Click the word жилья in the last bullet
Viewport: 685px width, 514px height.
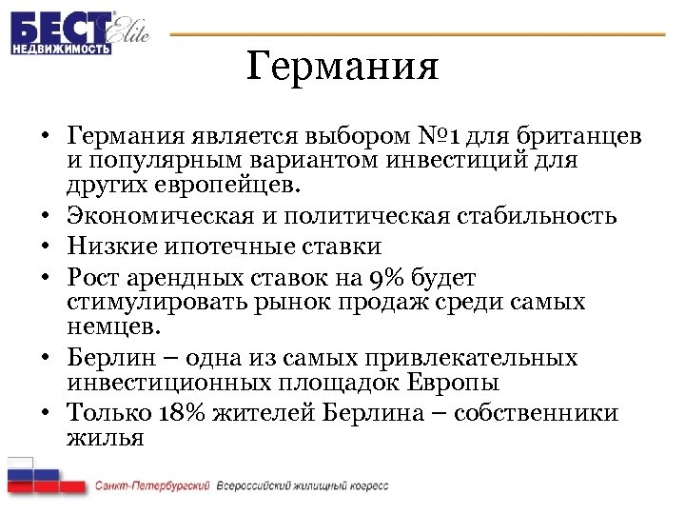pos(106,437)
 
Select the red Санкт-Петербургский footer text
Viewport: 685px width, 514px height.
pos(152,485)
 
